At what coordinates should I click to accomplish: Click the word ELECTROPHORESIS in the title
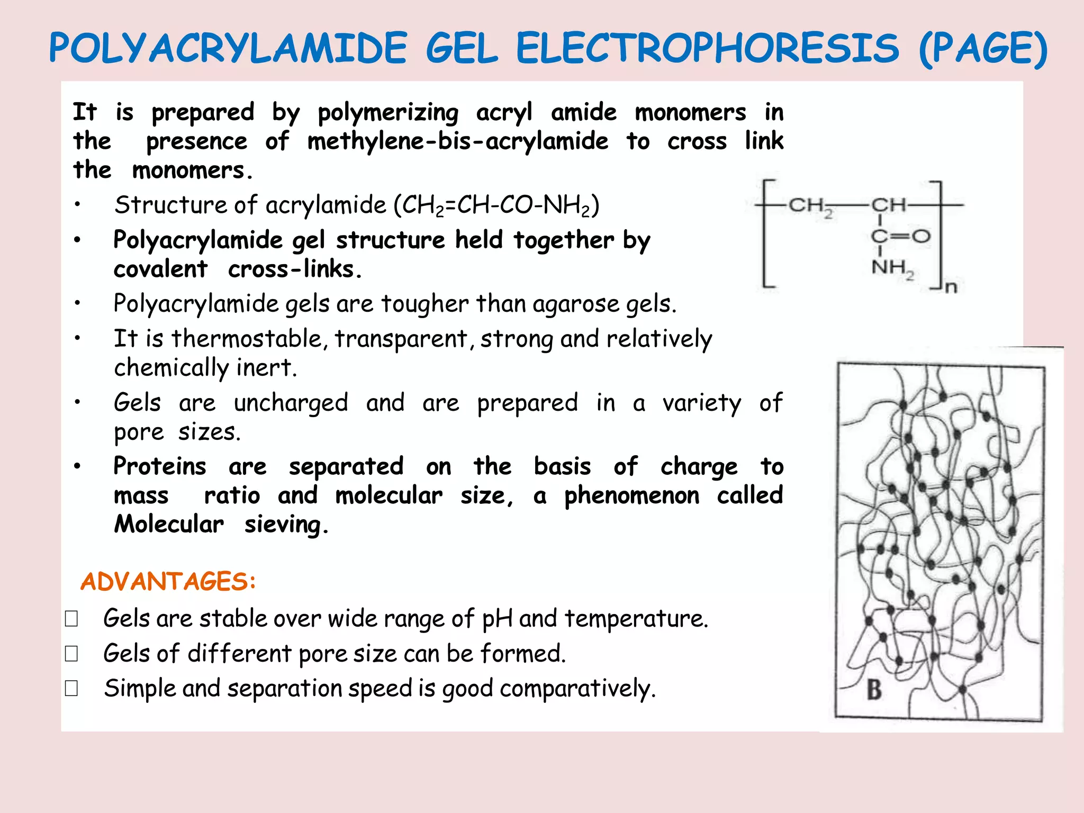point(707,49)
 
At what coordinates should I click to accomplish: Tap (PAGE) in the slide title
point(983,49)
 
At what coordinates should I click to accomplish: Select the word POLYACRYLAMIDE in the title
point(228,49)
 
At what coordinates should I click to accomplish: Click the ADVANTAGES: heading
point(168,582)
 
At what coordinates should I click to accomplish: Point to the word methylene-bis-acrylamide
point(458,141)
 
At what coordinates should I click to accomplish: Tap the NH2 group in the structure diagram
point(892,268)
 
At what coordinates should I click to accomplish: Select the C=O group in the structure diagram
point(900,236)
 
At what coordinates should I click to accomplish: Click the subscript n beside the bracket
point(951,287)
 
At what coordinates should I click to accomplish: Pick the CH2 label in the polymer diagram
point(810,205)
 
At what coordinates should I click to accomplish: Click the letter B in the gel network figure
point(874,690)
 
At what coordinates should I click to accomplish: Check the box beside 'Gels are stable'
point(71,619)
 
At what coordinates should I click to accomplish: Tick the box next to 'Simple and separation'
point(71,688)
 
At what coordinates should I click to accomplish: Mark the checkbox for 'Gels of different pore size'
point(71,654)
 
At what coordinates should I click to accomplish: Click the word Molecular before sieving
point(169,524)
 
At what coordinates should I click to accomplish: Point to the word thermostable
point(246,339)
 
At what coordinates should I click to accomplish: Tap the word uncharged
point(291,403)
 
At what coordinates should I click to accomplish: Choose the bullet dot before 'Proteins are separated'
point(77,466)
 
